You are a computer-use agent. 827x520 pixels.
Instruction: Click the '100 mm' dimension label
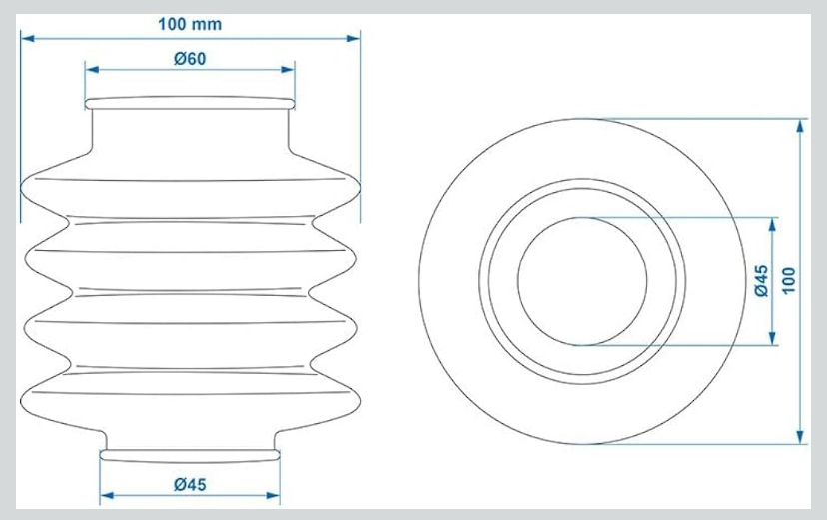(x=190, y=24)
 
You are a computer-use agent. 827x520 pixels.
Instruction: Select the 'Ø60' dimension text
(x=190, y=59)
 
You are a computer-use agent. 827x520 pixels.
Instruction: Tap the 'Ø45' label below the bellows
(x=190, y=484)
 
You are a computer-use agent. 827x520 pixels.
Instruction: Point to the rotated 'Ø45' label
(x=761, y=280)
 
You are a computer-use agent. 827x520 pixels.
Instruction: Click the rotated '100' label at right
(x=788, y=280)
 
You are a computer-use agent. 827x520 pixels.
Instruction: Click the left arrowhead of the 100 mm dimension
(x=27, y=39)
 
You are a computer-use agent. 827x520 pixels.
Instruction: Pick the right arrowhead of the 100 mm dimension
(x=353, y=39)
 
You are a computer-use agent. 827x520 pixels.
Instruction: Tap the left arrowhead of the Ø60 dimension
(x=92, y=70)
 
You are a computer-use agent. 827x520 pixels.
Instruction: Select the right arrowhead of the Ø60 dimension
(x=288, y=70)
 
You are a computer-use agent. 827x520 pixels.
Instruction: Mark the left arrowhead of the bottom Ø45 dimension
(x=107, y=495)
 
